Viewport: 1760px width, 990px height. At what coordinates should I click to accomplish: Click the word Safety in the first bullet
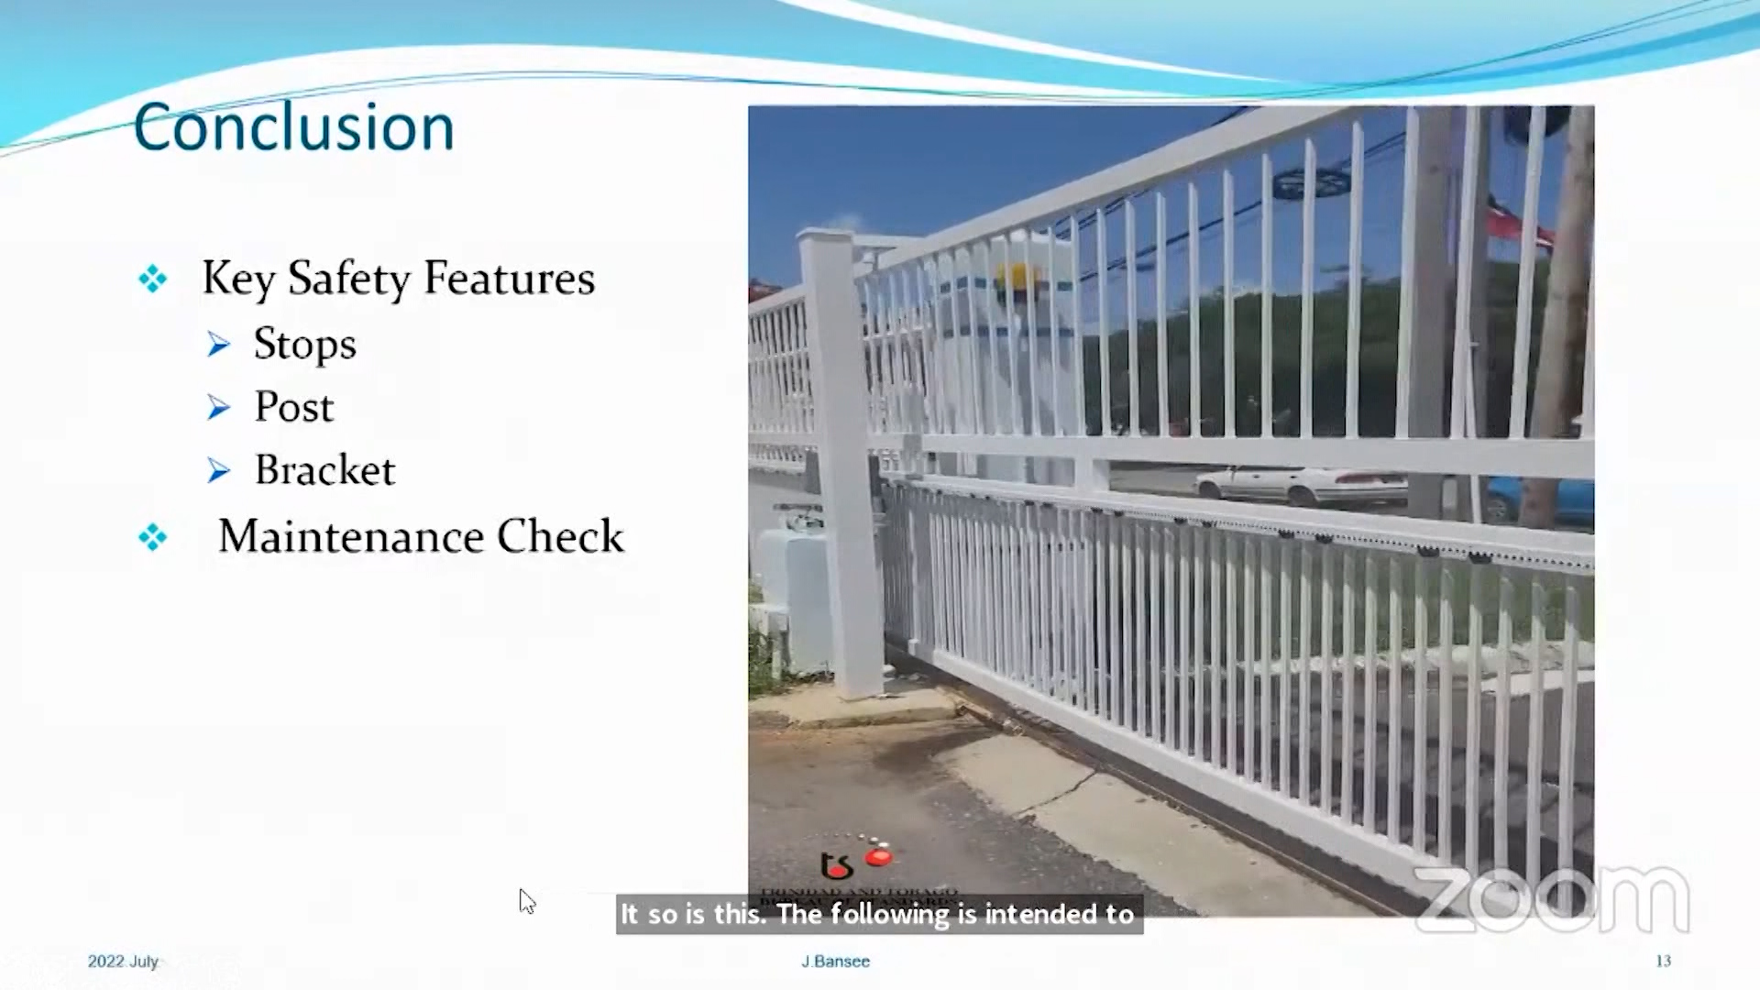pos(348,279)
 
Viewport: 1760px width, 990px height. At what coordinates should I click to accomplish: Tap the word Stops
pos(304,345)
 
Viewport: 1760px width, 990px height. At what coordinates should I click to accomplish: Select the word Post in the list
pos(293,407)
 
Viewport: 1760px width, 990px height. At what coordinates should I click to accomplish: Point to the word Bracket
pos(324,470)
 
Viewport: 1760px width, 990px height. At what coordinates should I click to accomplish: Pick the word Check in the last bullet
pos(560,536)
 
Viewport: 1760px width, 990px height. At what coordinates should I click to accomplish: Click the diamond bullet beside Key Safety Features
pos(153,279)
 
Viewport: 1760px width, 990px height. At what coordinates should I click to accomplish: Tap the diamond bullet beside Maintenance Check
pos(153,537)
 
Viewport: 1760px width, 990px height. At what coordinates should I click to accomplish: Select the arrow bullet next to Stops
pos(218,345)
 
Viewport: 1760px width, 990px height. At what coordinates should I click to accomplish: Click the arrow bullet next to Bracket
pos(218,471)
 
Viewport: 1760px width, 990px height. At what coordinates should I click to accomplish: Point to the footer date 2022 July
pos(123,961)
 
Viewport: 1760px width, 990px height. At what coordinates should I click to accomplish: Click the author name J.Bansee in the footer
pos(835,961)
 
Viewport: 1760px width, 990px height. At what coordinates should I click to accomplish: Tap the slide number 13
pos(1663,961)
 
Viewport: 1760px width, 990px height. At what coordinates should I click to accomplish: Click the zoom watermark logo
pos(1551,900)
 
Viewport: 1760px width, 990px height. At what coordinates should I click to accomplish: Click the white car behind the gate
pos(1302,484)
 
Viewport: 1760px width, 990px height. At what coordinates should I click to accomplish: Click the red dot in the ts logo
pos(878,858)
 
